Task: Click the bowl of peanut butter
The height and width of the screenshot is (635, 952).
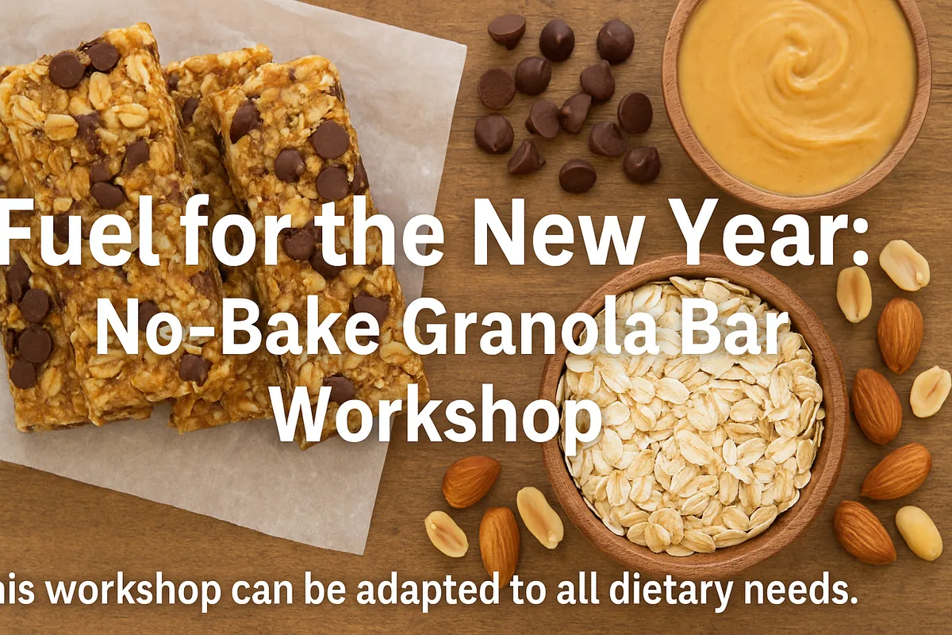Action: pos(796,99)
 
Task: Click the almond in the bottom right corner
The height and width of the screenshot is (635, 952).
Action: pos(864,532)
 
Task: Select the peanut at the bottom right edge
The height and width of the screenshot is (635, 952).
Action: pos(919,532)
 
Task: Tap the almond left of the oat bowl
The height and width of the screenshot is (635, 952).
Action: pos(471,481)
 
